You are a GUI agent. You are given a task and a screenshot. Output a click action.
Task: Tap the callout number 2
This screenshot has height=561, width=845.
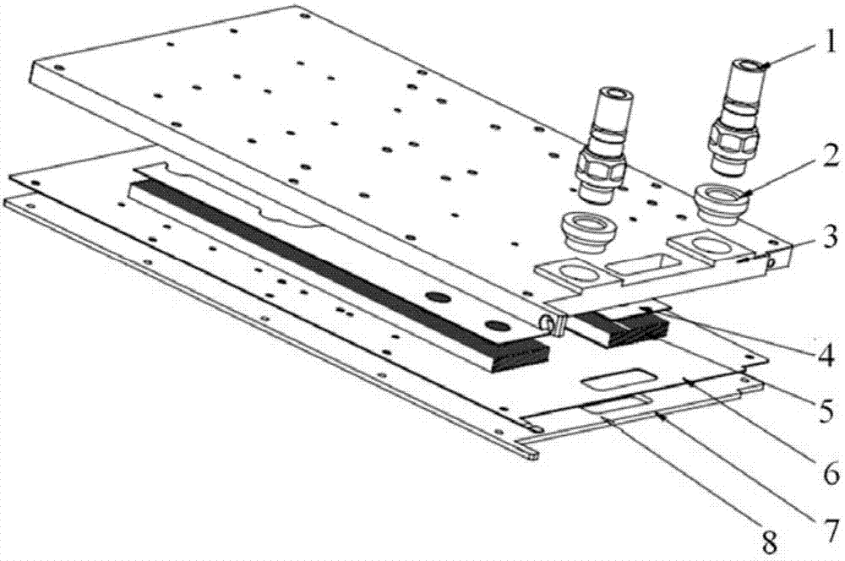826,160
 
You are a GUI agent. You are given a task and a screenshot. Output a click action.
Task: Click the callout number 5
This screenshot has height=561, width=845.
824,411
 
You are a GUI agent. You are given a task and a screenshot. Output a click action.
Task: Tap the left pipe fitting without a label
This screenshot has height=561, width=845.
603,146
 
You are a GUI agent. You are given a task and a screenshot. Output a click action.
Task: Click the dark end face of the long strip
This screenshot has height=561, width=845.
519,355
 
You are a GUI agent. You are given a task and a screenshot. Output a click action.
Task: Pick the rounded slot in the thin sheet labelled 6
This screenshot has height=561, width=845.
614,379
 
